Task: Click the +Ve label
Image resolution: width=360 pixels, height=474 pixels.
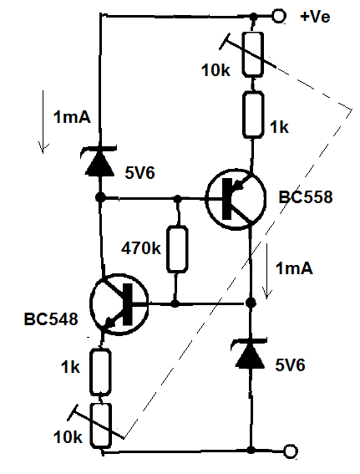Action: click(x=315, y=17)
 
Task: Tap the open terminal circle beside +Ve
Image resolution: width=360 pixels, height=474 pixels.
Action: click(x=278, y=16)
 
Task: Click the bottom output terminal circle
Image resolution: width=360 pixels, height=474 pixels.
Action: click(x=291, y=451)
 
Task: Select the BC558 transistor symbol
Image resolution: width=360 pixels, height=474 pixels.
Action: click(x=236, y=199)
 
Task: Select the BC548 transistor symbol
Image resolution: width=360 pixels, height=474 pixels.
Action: click(x=119, y=304)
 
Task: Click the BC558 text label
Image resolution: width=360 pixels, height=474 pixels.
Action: click(x=306, y=196)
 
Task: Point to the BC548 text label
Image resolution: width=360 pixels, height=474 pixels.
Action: click(x=51, y=319)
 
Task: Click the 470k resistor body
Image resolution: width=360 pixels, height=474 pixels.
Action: click(x=177, y=249)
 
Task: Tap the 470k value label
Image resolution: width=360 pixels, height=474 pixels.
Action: click(x=141, y=248)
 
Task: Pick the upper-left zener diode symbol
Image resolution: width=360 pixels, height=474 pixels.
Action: click(x=99, y=161)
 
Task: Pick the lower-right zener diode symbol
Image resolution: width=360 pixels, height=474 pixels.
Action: click(x=250, y=354)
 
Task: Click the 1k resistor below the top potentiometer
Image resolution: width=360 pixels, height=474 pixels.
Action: click(x=253, y=115)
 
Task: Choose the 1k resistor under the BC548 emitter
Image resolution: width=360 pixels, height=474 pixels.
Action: click(x=100, y=372)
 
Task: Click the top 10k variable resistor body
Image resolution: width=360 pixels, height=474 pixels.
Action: click(x=252, y=54)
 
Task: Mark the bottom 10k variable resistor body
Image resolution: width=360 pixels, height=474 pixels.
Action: click(x=101, y=426)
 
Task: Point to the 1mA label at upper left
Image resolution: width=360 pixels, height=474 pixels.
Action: click(x=72, y=117)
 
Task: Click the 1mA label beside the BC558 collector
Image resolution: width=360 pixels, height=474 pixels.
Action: click(x=294, y=268)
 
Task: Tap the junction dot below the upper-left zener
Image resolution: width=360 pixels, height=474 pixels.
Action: click(x=100, y=197)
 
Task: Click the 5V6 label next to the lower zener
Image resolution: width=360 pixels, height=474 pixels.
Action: click(x=290, y=365)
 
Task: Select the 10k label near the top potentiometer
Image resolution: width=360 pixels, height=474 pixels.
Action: click(x=215, y=70)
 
